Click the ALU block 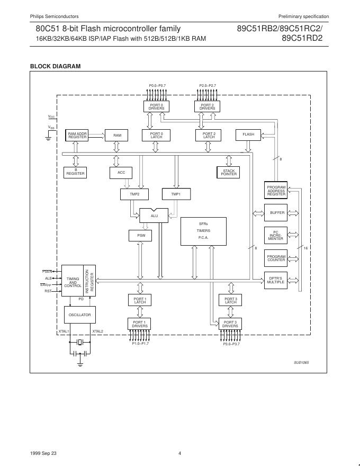(x=154, y=216)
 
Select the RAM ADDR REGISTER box (x=77, y=135)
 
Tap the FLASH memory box (x=248, y=135)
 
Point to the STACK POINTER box (x=229, y=173)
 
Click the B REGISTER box (x=75, y=172)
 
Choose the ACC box (x=121, y=173)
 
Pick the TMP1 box (x=176, y=194)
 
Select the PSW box (x=140, y=235)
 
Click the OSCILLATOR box (x=80, y=315)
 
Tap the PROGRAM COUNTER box (x=276, y=258)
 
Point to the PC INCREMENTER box (x=276, y=235)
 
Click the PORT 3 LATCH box (x=230, y=300)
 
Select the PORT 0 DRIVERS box (x=156, y=106)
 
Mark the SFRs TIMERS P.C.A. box (x=203, y=231)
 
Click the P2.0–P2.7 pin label (x=208, y=85)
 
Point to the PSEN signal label (x=47, y=272)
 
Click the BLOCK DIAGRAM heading (x=55, y=66)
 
